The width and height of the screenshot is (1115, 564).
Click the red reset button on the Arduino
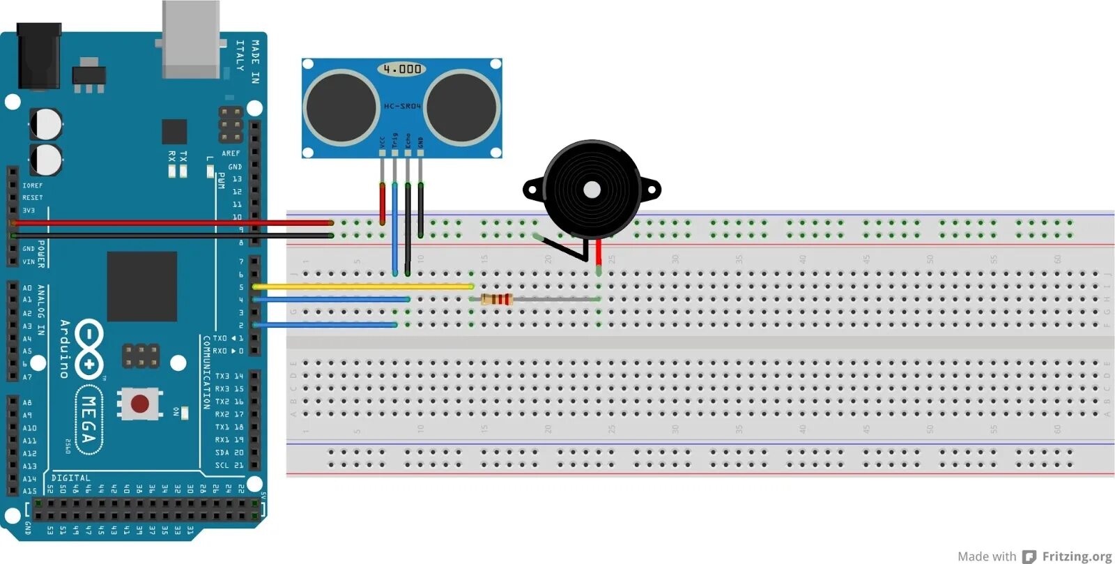(x=139, y=404)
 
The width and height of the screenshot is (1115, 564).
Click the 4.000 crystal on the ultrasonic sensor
(x=402, y=69)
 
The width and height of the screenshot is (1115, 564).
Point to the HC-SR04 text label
(x=402, y=106)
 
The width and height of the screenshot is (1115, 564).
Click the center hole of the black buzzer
(x=592, y=190)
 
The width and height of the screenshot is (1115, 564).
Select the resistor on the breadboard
(x=497, y=299)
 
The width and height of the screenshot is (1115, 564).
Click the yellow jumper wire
(x=362, y=287)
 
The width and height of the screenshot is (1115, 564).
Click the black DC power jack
(x=38, y=56)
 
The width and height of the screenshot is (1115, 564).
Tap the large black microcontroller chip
(x=141, y=287)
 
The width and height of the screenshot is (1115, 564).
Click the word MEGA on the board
(x=89, y=419)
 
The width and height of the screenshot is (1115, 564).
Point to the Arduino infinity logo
(x=89, y=349)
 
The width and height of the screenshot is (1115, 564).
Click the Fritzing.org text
(x=1077, y=556)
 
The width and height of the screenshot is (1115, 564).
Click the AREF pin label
(x=231, y=153)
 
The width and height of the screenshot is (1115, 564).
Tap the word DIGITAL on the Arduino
(x=70, y=478)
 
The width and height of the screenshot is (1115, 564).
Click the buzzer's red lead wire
(x=598, y=252)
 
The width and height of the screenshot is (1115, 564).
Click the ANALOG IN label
(x=41, y=310)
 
